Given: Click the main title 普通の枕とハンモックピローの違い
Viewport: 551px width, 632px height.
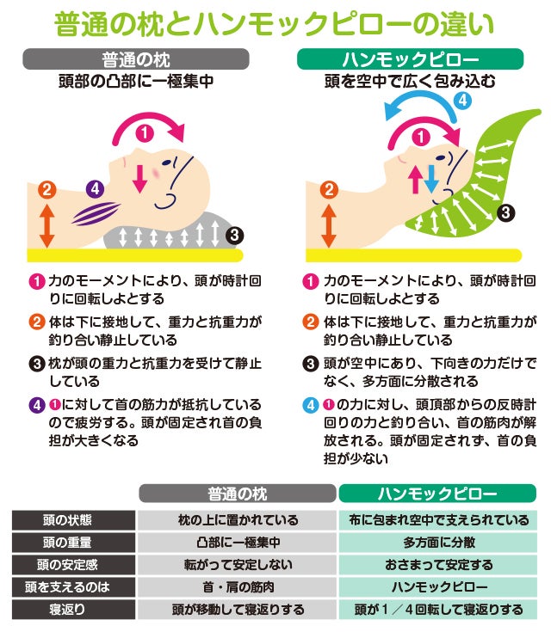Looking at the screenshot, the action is point(274,24).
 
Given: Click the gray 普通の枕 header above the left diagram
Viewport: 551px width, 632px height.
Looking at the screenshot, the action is point(136,59).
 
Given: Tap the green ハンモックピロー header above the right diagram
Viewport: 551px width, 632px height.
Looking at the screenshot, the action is point(410,59).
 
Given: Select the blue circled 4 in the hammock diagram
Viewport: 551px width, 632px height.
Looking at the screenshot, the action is point(462,100).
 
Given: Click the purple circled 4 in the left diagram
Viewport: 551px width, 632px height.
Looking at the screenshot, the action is point(96,188).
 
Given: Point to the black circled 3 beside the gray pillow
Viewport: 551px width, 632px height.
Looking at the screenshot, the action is point(234,235).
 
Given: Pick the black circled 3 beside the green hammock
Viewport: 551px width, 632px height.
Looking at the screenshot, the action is point(505,212).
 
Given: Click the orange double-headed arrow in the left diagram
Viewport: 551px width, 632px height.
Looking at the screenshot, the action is point(46,225).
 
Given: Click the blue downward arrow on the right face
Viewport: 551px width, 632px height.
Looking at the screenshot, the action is point(431,179).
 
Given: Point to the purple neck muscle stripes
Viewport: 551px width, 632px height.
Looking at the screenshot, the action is point(96,213).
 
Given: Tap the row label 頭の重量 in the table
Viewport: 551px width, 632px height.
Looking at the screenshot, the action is point(67,543).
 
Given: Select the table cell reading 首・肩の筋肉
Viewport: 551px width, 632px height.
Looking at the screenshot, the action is point(238,586).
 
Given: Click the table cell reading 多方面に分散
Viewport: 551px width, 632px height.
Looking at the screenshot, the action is point(439,543).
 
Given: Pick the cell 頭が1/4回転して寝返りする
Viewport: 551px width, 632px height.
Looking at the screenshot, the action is point(439,609).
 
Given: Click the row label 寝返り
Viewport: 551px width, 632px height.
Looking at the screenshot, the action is point(67,609).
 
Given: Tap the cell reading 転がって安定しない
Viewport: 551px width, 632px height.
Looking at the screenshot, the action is point(238,565).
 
